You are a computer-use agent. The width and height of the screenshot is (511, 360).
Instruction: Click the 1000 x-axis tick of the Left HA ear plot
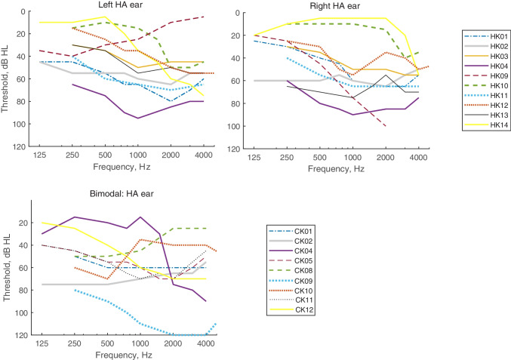(x=137, y=154)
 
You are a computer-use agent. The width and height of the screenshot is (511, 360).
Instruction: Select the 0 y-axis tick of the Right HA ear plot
(x=239, y=14)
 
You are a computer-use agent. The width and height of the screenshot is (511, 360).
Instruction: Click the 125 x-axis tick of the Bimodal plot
(x=42, y=343)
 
